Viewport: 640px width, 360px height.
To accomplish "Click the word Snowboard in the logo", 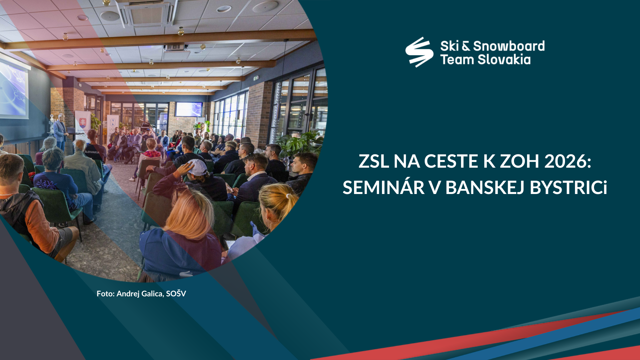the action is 509,46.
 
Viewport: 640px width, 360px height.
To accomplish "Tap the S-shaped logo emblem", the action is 419,52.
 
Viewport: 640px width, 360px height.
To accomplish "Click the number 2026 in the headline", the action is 568,161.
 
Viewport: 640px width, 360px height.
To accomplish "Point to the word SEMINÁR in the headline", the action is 383,187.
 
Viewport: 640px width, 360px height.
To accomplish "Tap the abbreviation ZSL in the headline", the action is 374,161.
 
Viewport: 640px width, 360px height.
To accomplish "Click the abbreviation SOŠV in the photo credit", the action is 176,293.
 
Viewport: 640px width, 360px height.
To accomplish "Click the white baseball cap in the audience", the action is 197,167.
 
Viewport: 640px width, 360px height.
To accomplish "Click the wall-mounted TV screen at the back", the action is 189,109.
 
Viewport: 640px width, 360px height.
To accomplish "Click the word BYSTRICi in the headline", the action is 568,187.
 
